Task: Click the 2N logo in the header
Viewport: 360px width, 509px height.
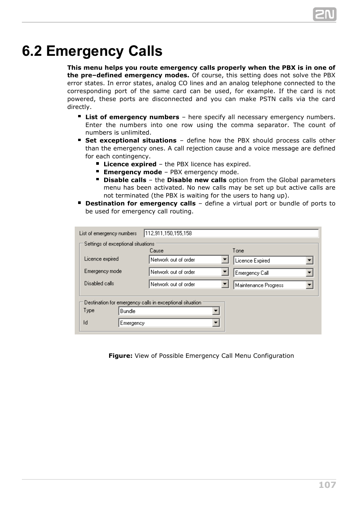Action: [x=324, y=14]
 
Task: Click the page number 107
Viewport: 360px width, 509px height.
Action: [x=327, y=485]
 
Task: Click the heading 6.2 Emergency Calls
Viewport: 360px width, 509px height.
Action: [x=92, y=51]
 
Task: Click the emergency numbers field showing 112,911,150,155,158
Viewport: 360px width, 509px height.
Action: [x=231, y=233]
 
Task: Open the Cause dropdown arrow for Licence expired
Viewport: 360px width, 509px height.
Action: [x=225, y=259]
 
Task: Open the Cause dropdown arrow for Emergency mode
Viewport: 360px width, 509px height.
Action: [x=225, y=272]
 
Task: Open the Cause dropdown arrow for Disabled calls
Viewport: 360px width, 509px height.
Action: [x=225, y=284]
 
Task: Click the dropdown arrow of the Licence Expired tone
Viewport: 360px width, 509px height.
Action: [x=309, y=261]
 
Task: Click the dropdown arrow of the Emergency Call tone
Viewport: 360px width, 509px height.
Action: [x=309, y=273]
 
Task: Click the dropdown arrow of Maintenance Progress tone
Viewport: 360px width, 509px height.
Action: [x=309, y=285]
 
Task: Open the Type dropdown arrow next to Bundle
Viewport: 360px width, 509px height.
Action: [x=216, y=311]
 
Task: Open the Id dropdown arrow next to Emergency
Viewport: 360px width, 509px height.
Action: [x=216, y=323]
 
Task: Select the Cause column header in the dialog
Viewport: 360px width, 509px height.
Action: [x=157, y=251]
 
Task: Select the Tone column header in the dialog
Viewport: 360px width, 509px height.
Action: [x=238, y=251]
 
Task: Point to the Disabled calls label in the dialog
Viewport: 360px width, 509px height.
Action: [x=99, y=284]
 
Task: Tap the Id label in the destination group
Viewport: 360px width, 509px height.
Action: [x=86, y=323]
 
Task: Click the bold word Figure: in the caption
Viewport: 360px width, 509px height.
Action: [x=120, y=356]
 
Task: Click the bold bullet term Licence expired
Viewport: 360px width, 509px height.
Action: [x=130, y=164]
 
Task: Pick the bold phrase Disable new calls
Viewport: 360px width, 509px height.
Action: [x=197, y=180]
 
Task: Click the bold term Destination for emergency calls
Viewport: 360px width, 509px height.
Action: [x=140, y=204]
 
